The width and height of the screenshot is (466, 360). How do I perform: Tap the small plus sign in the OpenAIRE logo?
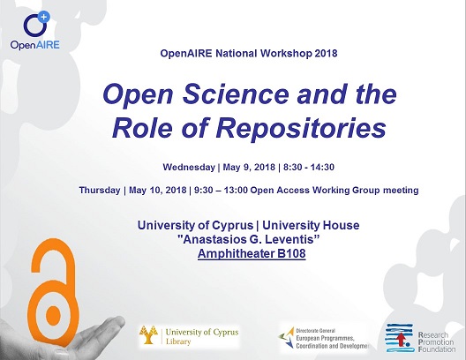pos(44,17)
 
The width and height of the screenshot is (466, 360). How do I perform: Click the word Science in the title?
pos(236,94)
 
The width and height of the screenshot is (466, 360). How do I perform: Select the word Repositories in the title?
pos(301,128)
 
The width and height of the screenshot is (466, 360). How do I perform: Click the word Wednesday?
pos(189,167)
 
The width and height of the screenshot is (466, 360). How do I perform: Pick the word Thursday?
pos(100,190)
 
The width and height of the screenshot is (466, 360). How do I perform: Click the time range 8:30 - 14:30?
pos(309,167)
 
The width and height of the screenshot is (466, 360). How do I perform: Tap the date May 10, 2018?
pos(157,190)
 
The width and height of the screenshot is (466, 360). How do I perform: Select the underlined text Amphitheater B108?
pos(252,253)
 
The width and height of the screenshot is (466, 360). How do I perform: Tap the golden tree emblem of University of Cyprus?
pos(148,334)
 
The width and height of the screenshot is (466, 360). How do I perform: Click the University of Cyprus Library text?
pos(202,336)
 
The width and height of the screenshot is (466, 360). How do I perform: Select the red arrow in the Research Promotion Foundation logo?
pos(402,340)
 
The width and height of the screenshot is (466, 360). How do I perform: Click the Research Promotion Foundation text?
pos(437,341)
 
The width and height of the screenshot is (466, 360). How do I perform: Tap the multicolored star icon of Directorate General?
pos(286,338)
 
